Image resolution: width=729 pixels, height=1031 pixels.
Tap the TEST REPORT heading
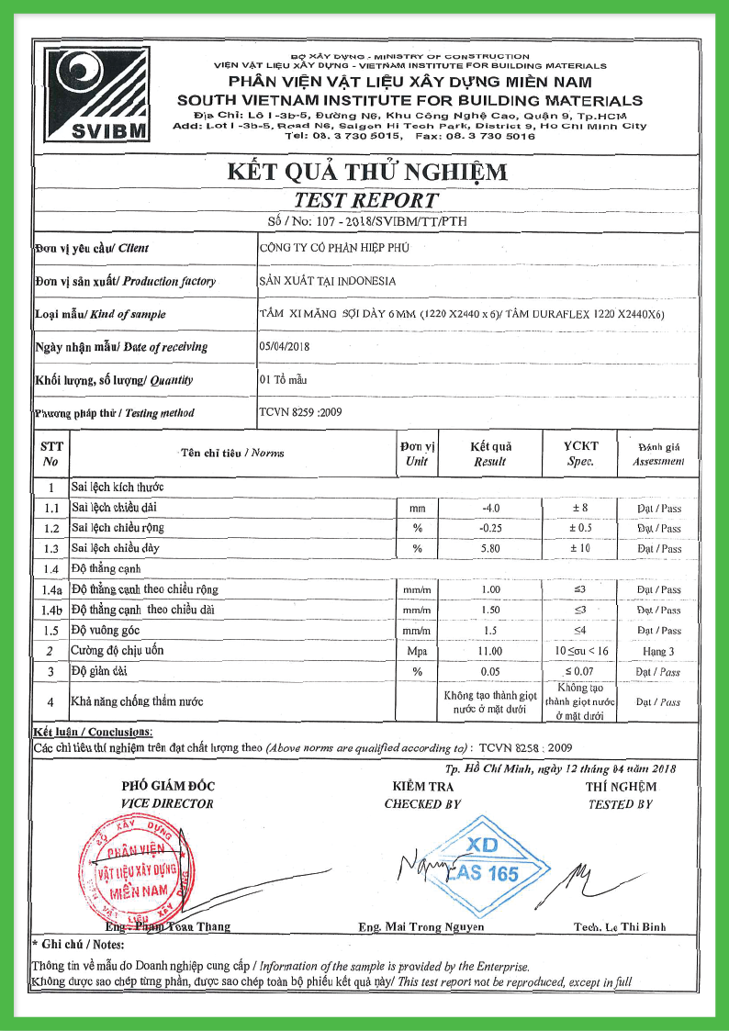[x=365, y=200]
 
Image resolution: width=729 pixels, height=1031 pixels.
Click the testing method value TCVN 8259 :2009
[x=300, y=412]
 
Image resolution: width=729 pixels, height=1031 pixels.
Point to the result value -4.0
[x=490, y=508]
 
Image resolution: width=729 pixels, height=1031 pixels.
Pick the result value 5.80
[x=490, y=548]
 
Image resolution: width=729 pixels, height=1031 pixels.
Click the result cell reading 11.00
[x=490, y=651]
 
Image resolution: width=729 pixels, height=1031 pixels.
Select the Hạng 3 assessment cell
[x=658, y=651]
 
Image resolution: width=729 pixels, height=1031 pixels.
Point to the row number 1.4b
[x=51, y=611]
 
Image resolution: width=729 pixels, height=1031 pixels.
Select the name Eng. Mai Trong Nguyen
[x=421, y=927]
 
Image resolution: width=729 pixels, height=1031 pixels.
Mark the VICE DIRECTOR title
[x=167, y=804]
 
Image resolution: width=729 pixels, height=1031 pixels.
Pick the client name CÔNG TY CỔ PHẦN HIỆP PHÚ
[x=334, y=247]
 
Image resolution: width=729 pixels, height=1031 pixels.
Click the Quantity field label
[x=114, y=380]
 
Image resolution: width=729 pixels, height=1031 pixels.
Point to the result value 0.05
[x=490, y=672]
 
